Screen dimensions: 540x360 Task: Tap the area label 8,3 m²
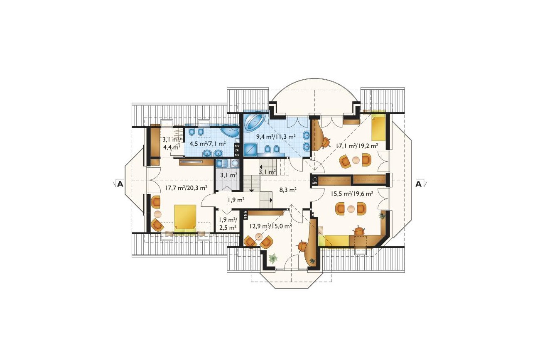pyautogui.click(x=287, y=190)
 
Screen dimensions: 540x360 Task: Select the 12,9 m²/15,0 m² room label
pyautogui.click(x=270, y=226)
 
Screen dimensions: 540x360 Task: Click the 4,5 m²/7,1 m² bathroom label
pyautogui.click(x=208, y=144)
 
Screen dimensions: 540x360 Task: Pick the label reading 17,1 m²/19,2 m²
pyautogui.click(x=357, y=146)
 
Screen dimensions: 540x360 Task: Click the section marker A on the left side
pyautogui.click(x=120, y=184)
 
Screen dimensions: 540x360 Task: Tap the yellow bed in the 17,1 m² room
pyautogui.click(x=379, y=127)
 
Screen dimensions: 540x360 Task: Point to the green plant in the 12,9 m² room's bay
pyautogui.click(x=273, y=258)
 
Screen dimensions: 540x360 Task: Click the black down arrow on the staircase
pyautogui.click(x=251, y=191)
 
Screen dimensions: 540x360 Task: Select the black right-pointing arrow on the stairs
pyautogui.click(x=271, y=200)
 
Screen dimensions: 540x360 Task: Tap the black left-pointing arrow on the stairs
pyautogui.click(x=261, y=167)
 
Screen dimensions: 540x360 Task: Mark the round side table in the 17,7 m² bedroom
pyautogui.click(x=157, y=214)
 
